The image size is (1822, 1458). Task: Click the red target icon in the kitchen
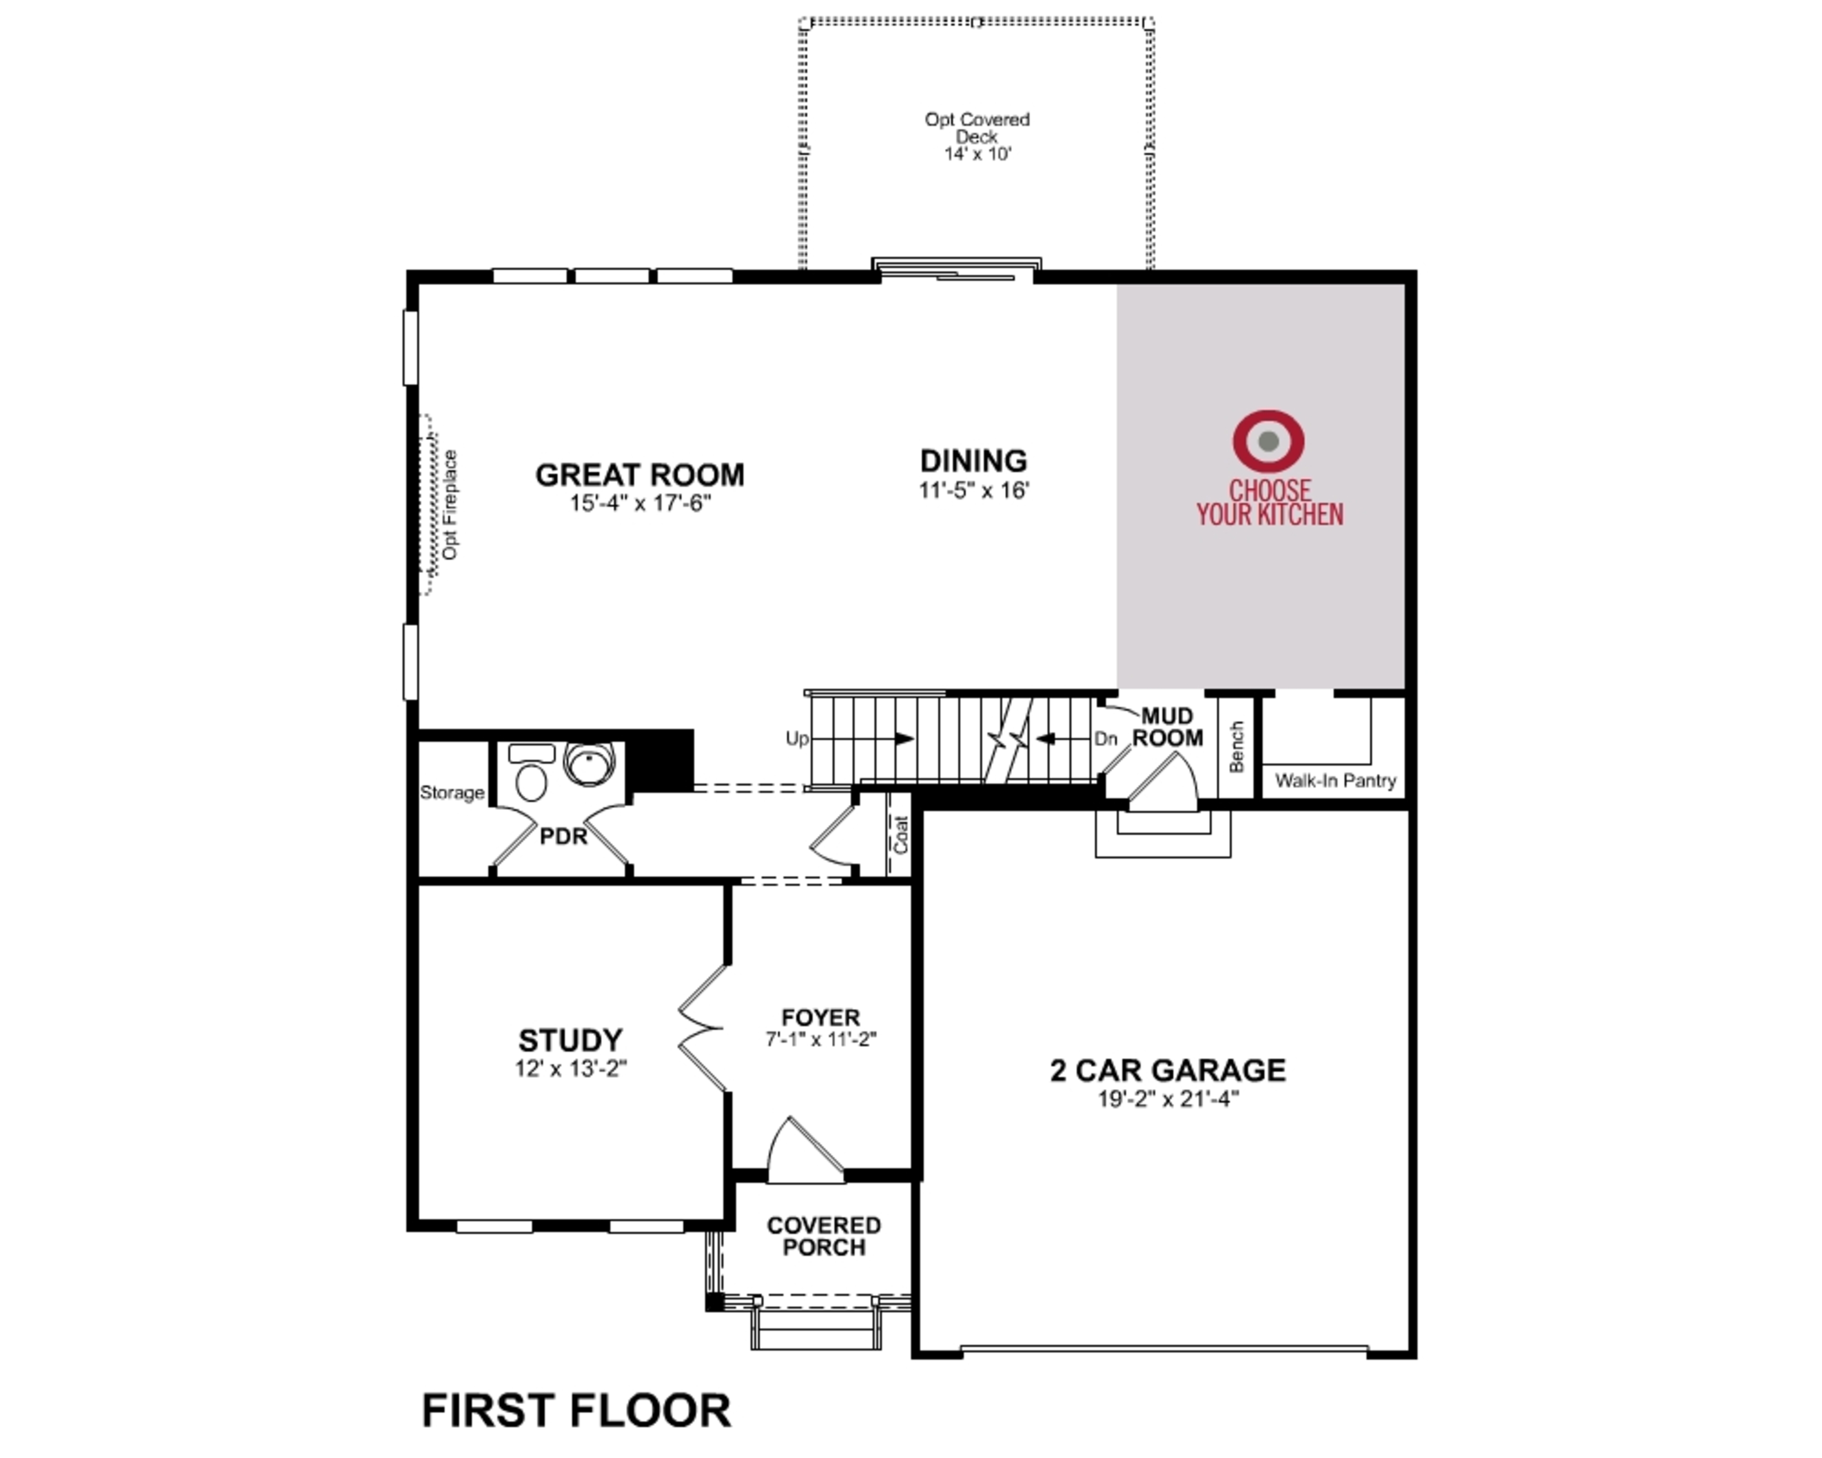click(1268, 440)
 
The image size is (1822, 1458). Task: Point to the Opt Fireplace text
click(450, 505)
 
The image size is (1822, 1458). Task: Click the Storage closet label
click(452, 793)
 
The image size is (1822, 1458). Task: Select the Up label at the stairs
click(796, 738)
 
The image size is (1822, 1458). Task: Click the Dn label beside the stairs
click(1106, 738)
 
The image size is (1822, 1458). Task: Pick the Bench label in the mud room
click(1236, 747)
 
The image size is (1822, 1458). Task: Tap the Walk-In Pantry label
click(1335, 780)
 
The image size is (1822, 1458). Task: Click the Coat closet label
click(901, 834)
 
